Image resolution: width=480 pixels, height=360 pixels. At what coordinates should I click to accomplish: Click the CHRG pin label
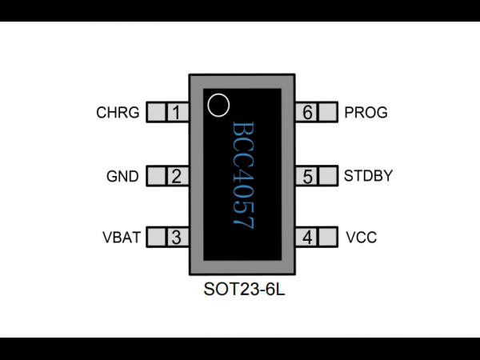118,112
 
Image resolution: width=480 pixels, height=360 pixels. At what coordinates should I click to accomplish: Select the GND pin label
122,176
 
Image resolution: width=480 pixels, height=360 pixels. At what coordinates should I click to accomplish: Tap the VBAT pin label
122,238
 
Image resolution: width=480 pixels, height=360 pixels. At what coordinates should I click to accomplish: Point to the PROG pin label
366,112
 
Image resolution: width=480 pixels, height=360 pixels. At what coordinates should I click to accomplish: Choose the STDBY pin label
368,176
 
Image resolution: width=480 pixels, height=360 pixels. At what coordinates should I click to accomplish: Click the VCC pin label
362,238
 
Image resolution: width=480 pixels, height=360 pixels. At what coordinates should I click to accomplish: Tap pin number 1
176,112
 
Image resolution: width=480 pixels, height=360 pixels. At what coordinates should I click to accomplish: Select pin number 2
176,176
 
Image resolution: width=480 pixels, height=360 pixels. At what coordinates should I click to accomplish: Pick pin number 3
176,238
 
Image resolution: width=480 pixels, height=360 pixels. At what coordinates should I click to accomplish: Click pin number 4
307,238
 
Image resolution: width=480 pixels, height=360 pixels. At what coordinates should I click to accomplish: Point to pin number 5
307,177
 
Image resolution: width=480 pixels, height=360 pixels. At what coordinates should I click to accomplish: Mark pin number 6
307,112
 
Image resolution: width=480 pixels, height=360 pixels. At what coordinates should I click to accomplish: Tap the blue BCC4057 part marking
243,175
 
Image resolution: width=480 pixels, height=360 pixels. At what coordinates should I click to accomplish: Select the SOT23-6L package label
244,289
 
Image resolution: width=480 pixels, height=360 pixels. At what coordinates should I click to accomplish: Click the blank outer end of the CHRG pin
157,112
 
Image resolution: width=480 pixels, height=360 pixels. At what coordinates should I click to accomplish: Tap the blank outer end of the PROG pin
327,112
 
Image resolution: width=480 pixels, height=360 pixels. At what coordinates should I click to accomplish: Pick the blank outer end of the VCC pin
327,237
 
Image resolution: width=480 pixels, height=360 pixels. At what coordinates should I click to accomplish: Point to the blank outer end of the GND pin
157,176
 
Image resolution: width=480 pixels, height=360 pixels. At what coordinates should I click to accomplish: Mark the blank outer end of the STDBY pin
327,176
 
